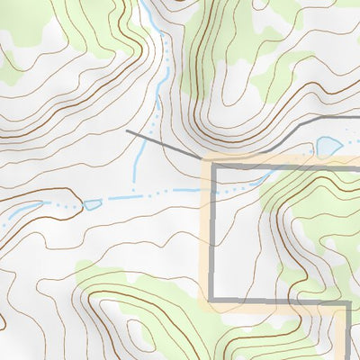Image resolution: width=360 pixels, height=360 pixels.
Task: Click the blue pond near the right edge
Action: (x=328, y=146)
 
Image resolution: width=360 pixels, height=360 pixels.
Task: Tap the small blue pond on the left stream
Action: (x=92, y=205)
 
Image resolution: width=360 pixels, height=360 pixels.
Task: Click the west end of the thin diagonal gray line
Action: (x=127, y=131)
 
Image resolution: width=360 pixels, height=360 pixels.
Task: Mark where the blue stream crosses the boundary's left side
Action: (x=213, y=190)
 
